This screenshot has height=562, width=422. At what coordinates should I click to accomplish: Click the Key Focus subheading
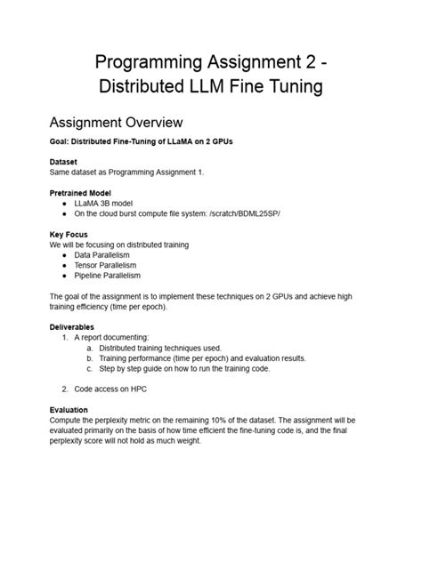[x=69, y=234]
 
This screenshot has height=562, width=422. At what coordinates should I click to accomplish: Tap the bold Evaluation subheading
[x=69, y=410]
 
